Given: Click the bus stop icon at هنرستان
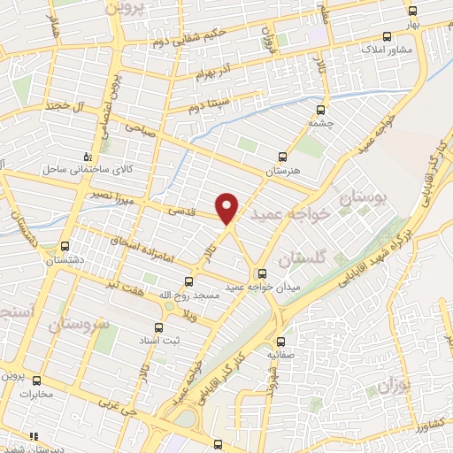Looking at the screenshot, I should (282, 153).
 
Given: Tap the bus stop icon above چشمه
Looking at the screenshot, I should (320, 111).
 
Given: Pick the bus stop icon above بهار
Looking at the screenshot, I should (412, 11).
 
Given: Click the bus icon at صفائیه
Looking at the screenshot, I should (280, 341).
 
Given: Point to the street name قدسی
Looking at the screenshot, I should (180, 211).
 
